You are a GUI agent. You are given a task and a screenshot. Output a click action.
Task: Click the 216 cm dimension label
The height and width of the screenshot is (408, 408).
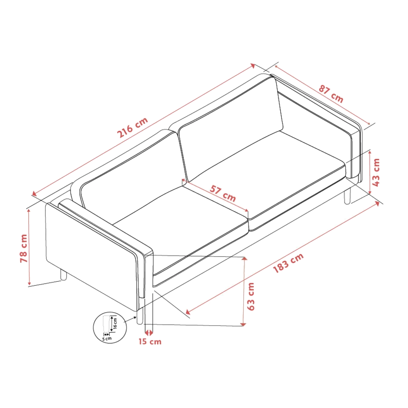point(132,127)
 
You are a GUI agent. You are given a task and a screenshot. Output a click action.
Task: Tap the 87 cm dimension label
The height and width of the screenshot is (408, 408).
point(331,94)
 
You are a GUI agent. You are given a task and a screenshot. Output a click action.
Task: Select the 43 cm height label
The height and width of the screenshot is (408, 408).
point(376,172)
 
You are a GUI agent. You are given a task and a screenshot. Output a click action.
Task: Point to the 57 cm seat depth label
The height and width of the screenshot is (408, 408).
point(223,193)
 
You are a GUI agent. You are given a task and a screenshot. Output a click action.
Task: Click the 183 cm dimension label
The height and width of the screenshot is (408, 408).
point(288,263)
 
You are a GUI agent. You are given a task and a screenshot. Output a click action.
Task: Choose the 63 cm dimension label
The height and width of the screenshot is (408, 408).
point(251,296)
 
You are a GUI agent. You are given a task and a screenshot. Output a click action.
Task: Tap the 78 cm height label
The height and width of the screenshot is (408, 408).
point(24,248)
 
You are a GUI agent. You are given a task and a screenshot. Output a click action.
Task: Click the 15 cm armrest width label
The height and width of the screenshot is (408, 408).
point(150,341)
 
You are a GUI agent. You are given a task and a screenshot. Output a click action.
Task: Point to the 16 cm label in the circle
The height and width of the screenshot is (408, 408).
point(115,323)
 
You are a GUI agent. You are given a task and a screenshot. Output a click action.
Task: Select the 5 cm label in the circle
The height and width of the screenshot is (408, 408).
point(107,339)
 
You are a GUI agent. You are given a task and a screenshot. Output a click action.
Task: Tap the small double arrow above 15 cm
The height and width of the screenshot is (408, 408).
point(149,332)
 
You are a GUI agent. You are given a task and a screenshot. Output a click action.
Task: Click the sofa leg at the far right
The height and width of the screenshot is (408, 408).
point(347,196)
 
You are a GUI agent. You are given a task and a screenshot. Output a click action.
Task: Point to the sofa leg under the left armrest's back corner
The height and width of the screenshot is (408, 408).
point(63,275)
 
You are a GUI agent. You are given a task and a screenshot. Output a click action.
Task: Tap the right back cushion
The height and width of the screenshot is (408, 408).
point(230,130)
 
